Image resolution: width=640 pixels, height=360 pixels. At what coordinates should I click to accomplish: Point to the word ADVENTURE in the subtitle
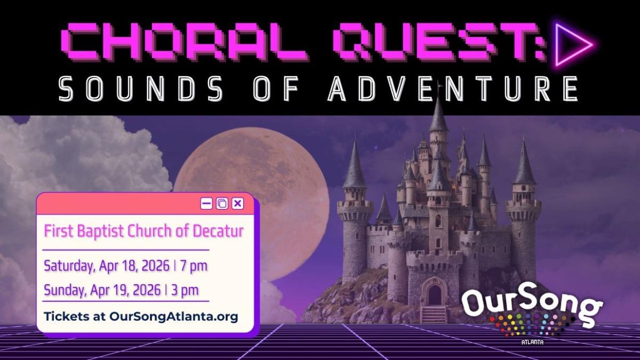453,89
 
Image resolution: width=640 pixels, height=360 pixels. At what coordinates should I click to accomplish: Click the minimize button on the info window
206,203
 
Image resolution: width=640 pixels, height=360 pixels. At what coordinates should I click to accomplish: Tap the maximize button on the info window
222,203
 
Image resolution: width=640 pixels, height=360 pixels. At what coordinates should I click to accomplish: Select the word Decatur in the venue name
219,231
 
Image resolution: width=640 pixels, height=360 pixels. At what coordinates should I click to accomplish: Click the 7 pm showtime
194,266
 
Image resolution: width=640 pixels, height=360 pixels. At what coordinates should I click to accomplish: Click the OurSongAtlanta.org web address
173,316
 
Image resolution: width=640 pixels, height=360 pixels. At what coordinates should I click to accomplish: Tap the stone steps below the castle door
433,315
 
